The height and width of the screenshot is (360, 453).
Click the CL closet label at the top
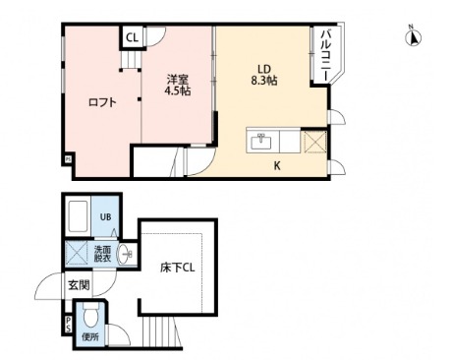132,38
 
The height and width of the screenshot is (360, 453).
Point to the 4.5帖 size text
179,90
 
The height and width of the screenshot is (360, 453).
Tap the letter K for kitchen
277,165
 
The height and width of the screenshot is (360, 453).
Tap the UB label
105,217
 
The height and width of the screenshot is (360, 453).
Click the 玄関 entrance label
79,285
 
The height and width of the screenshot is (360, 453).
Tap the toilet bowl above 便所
90,317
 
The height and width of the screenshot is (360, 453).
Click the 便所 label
91,336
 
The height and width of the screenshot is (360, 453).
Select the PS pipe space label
68,323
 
